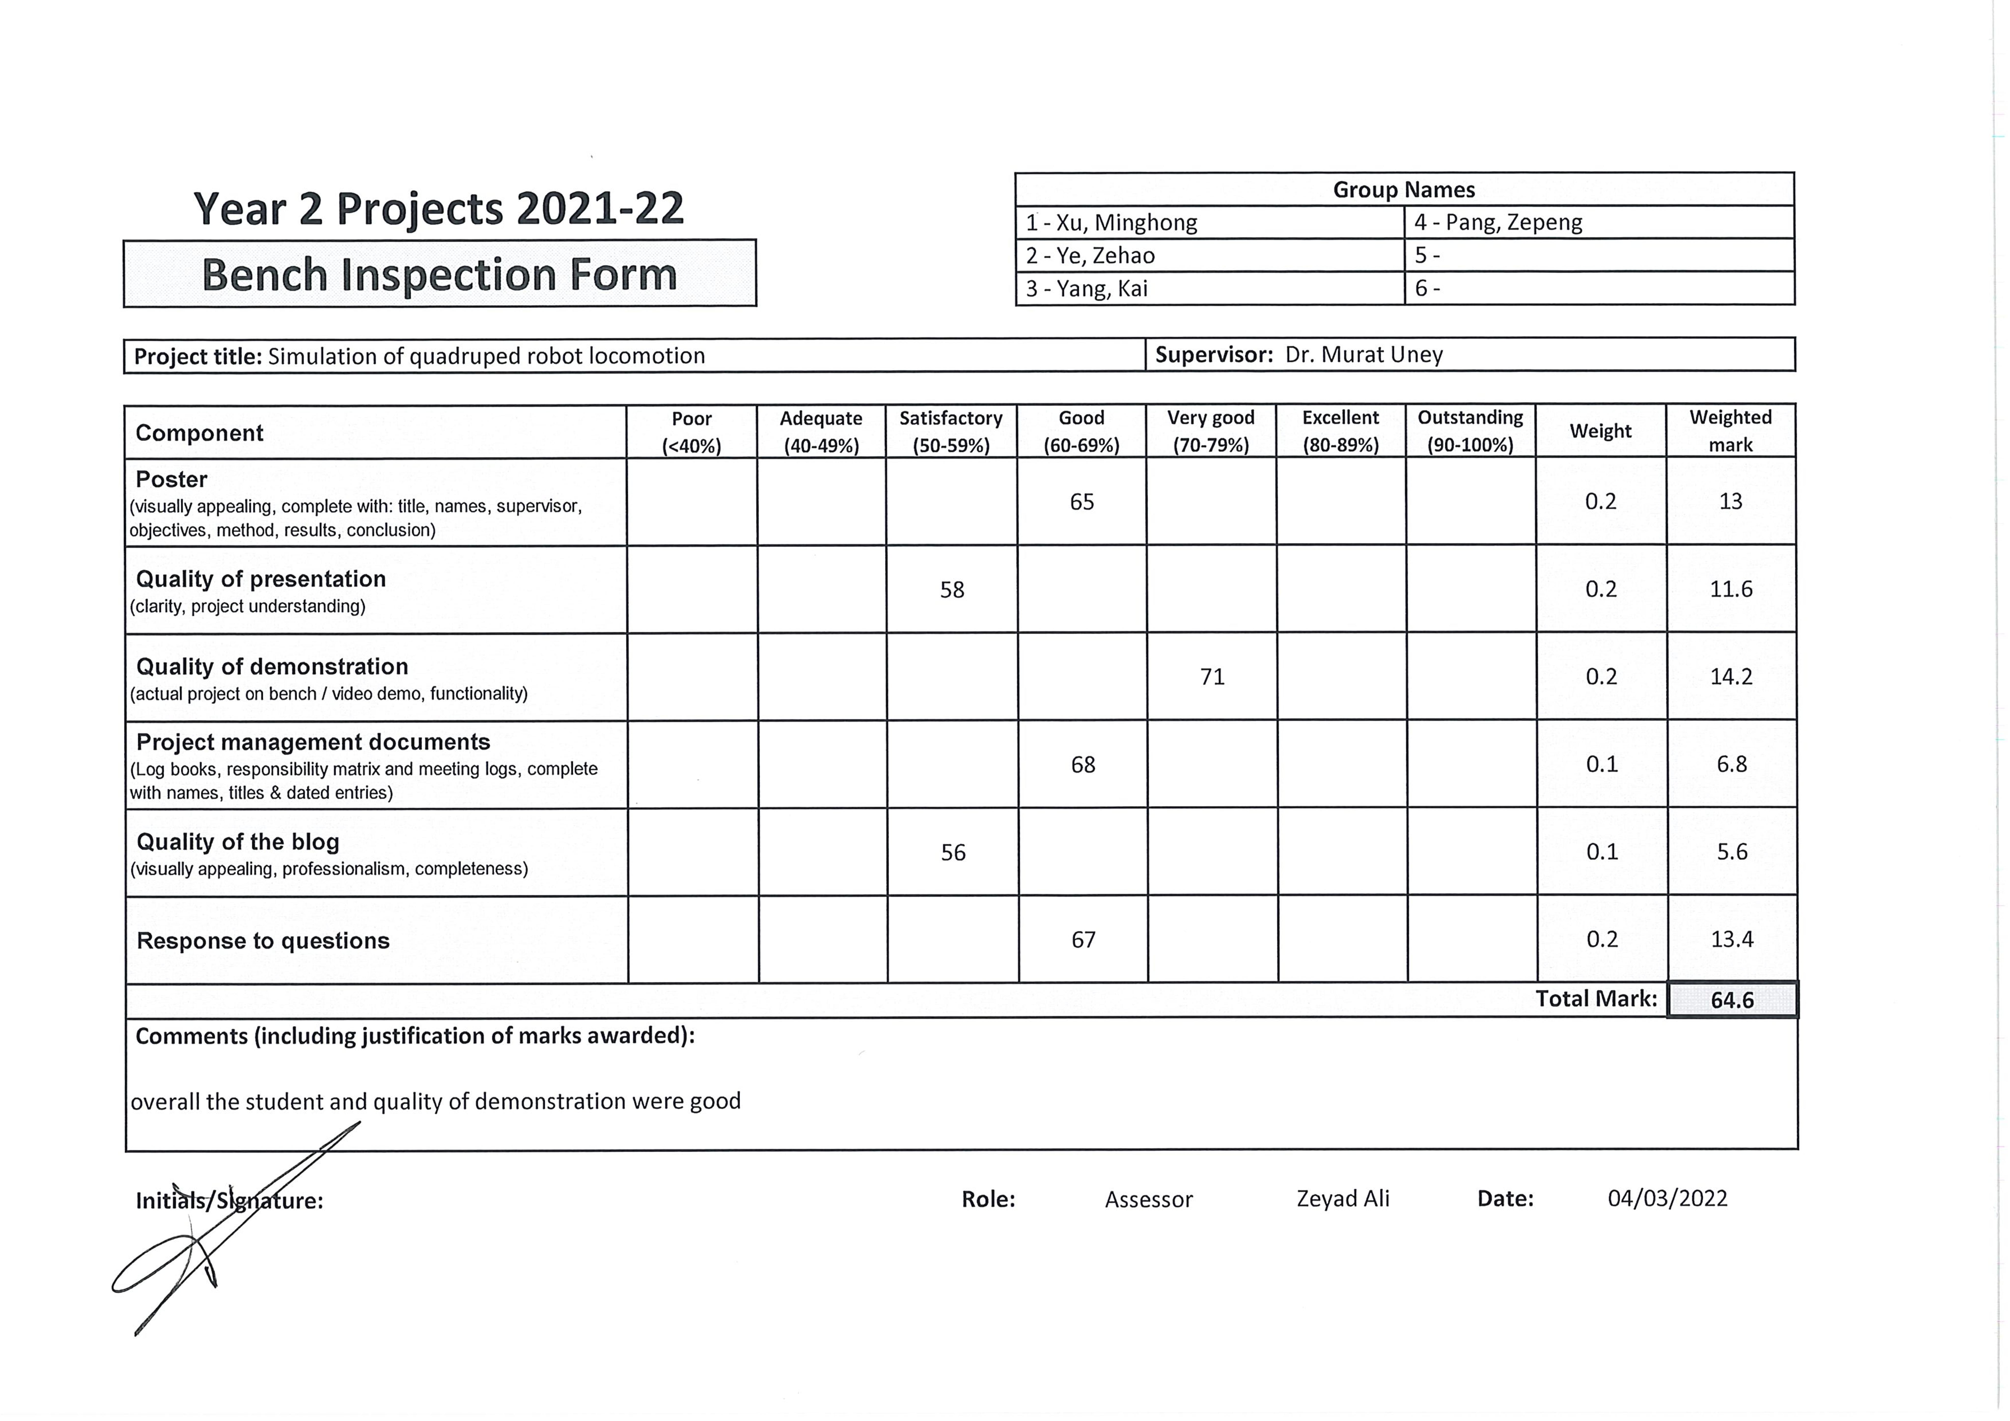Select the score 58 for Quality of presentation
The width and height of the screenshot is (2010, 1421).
(x=952, y=590)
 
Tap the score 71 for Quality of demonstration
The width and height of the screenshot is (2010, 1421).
(x=1212, y=677)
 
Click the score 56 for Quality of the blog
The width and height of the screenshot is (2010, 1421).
(x=953, y=853)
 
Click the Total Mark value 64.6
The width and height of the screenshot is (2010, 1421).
(x=1732, y=1000)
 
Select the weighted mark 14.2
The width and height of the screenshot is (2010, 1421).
(x=1731, y=677)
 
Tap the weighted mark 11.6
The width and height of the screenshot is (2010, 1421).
(x=1731, y=589)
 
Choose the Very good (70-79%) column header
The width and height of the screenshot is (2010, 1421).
(x=1211, y=431)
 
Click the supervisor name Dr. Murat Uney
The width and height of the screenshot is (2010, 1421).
(x=1363, y=355)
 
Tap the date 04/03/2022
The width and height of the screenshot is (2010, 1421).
(x=1667, y=1198)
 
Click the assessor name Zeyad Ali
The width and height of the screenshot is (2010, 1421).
(x=1342, y=1198)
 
